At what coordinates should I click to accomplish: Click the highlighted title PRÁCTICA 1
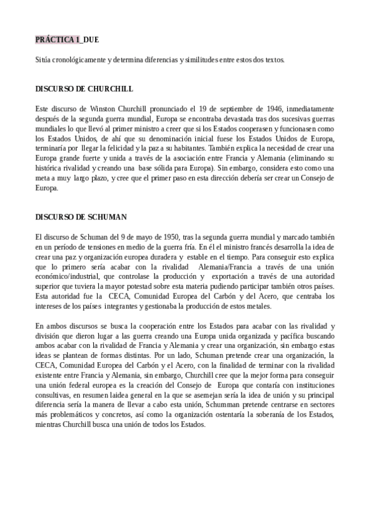[x=57, y=40]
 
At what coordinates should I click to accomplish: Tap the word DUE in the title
[x=90, y=40]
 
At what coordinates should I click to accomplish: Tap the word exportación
[x=240, y=278]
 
